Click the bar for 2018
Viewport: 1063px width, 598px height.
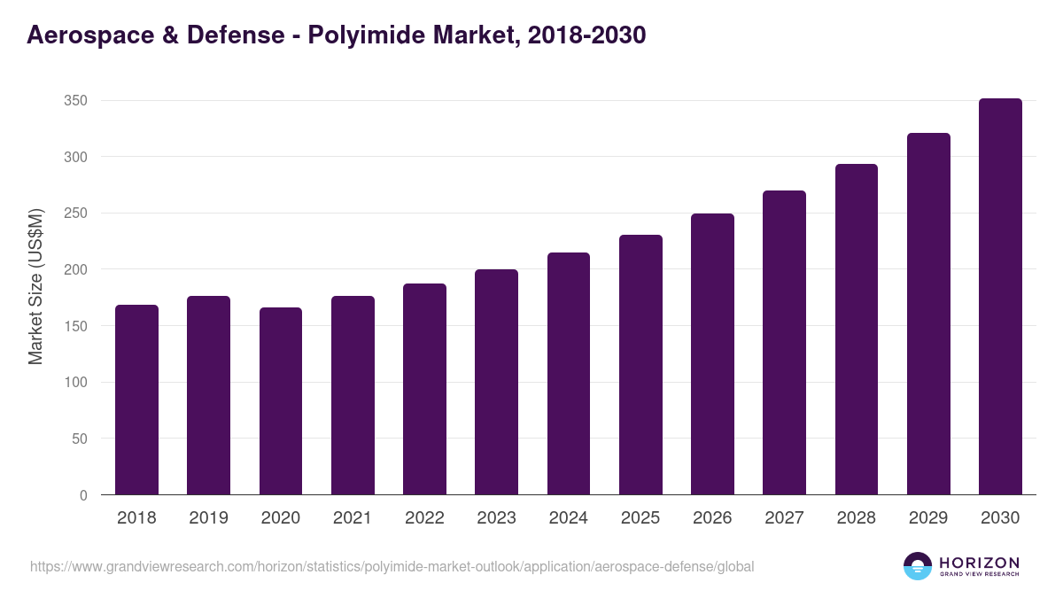pos(136,400)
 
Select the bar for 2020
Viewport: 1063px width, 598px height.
pos(281,401)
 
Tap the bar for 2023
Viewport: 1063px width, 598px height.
pos(496,382)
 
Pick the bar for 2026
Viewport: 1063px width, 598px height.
pos(712,354)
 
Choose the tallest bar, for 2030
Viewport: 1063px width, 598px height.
pos(1000,297)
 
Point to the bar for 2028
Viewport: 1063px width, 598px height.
pos(857,330)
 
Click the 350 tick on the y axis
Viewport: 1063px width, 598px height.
pos(75,101)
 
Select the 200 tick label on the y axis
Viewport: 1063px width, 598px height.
pos(75,270)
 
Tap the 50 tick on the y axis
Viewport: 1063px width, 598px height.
pos(79,439)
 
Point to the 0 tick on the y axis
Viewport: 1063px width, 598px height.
pos(82,495)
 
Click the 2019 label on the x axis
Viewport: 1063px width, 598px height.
pos(208,518)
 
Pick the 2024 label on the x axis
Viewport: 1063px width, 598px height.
pos(568,518)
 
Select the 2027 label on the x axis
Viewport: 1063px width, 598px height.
pos(784,518)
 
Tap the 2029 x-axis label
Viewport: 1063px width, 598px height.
pos(928,518)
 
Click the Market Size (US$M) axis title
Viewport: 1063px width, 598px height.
pos(35,286)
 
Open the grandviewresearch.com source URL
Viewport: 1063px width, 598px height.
pos(392,566)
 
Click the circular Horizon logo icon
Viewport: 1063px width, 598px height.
pos(918,566)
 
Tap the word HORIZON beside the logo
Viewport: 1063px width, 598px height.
pos(979,562)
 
